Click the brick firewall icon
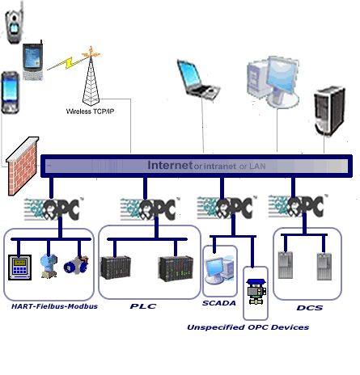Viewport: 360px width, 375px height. (23, 166)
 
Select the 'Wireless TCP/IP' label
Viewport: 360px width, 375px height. (90, 112)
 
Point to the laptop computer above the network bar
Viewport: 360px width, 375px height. (198, 80)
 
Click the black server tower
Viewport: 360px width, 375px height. (329, 110)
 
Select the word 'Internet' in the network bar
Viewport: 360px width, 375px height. (170, 165)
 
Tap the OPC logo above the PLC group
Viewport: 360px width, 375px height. (150, 209)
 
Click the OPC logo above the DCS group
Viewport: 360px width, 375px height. (298, 206)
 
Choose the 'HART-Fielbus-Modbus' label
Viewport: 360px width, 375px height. (54, 306)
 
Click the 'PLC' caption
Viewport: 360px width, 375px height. (143, 306)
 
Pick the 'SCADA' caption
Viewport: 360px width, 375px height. (219, 303)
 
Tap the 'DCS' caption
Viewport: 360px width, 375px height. (310, 308)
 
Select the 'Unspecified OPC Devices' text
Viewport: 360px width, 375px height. (248, 327)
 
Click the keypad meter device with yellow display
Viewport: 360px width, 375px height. (19, 268)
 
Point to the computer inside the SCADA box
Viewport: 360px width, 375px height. (219, 270)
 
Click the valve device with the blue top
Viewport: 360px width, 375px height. (256, 292)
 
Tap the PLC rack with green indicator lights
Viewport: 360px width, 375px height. (176, 269)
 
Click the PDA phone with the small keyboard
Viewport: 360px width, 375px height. (33, 61)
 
